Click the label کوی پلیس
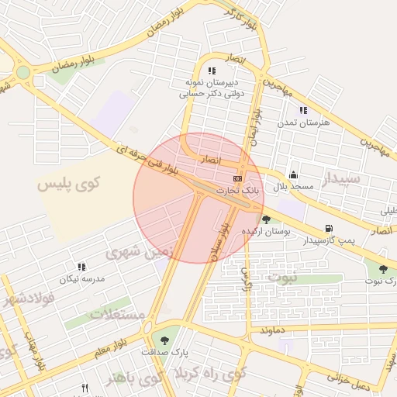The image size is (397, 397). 69,185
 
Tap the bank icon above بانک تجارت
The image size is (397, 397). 237,178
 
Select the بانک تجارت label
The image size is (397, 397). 236,189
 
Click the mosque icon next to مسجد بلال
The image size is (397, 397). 293,175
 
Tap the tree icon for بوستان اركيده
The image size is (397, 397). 267,220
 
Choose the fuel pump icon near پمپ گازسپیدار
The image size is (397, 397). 330,229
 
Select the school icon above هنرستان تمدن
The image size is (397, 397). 302,111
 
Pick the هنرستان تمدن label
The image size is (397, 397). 309,123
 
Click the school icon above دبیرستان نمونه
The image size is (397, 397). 212,71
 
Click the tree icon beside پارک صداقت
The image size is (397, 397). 164,339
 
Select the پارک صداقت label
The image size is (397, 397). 160,351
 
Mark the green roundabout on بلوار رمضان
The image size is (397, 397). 23,73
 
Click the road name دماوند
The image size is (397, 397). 274,330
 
